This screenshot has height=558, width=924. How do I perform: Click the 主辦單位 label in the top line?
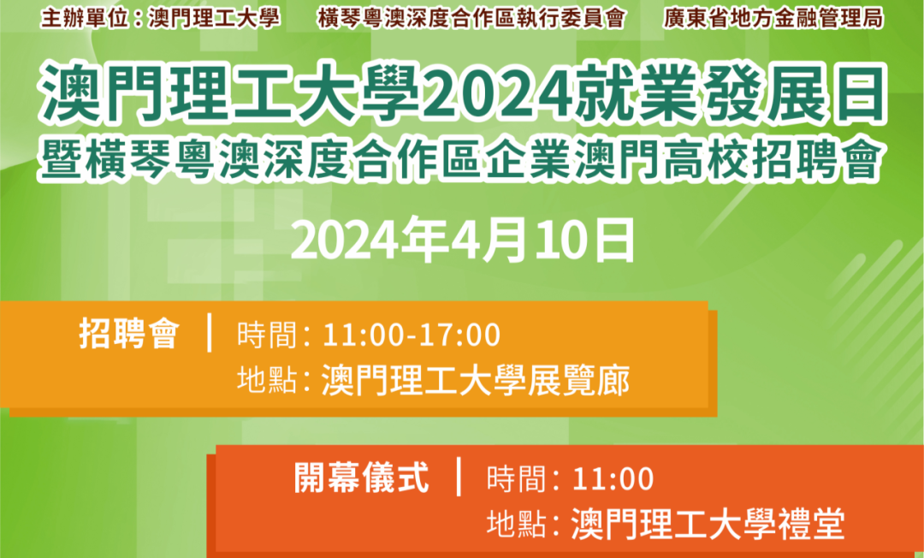84,18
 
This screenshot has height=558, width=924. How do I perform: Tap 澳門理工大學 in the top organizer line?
214,18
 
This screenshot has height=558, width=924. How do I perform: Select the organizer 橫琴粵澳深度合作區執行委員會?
471,18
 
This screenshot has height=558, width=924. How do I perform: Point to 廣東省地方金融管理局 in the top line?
773,18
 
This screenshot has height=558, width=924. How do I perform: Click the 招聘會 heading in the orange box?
129,334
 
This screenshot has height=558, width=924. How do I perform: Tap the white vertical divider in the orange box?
210,333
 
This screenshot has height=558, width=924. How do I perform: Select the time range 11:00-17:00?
412,335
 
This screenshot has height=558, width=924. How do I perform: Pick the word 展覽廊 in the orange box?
578,380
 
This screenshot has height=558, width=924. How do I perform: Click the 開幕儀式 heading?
362,478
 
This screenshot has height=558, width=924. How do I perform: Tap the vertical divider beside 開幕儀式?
459,476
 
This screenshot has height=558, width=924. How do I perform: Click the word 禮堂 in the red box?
811,524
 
